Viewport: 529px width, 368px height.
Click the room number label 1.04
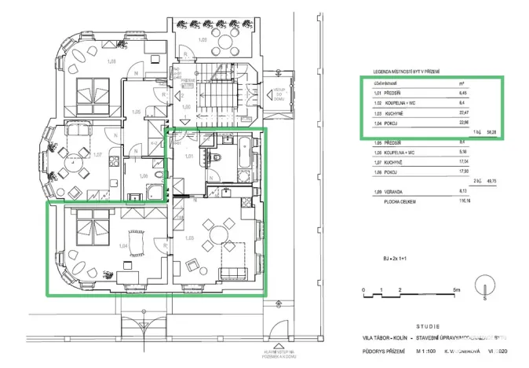(x=122, y=246)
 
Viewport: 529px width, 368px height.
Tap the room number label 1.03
(x=188, y=237)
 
